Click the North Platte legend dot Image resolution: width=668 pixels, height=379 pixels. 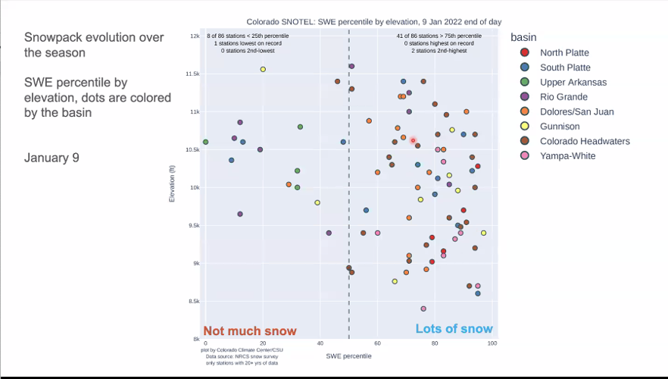tap(525, 52)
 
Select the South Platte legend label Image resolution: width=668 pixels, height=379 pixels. tap(565, 67)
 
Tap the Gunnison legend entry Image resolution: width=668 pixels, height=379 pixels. tap(559, 127)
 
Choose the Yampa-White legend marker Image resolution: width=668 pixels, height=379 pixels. tap(525, 156)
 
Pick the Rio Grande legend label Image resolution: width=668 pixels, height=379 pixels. tap(563, 97)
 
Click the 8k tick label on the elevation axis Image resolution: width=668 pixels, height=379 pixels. tap(195, 340)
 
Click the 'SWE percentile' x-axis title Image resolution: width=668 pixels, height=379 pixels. tap(348, 356)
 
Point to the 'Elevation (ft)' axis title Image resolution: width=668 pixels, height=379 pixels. tap(173, 187)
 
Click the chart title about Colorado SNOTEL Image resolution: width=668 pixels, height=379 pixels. tap(373, 22)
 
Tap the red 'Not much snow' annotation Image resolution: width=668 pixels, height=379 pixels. tap(250, 330)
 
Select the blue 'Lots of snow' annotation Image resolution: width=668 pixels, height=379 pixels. tap(454, 328)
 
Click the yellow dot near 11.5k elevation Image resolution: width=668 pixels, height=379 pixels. tap(263, 69)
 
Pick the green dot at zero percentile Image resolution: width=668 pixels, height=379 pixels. tap(206, 142)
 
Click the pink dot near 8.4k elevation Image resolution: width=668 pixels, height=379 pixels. tap(423, 309)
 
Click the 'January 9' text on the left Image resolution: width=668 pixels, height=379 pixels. tap(52, 158)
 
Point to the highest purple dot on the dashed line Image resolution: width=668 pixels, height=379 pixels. tap(351, 67)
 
